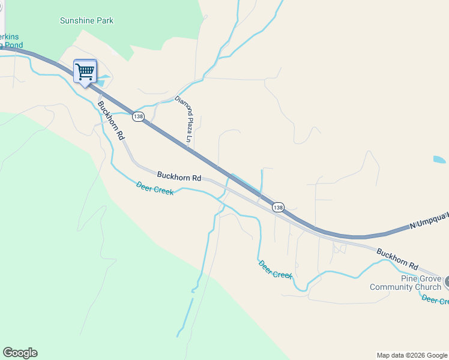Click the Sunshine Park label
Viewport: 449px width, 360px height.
tap(86, 20)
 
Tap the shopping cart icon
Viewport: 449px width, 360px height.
tap(85, 71)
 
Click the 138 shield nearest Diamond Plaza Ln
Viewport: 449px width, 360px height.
tap(139, 116)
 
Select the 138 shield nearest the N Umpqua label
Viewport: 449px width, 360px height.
tap(278, 207)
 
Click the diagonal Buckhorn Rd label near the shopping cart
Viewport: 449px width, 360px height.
tap(111, 120)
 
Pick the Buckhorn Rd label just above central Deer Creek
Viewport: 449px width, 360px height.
tap(179, 177)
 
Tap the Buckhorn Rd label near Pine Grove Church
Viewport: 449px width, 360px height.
tap(397, 257)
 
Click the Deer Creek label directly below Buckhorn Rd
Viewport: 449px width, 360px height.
tap(155, 188)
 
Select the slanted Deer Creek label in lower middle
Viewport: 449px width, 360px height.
tap(275, 269)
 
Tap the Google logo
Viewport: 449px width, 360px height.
tap(20, 353)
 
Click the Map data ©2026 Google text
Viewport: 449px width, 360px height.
tap(412, 355)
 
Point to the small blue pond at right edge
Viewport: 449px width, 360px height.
tap(439, 160)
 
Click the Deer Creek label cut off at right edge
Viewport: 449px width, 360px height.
tap(435, 300)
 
